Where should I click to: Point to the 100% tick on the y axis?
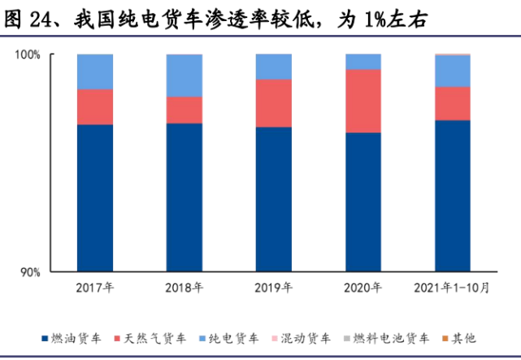pyautogui.click(x=30, y=54)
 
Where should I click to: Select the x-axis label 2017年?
pyautogui.click(x=95, y=288)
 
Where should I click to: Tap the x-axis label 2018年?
pyautogui.click(x=185, y=288)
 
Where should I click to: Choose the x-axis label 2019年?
pyautogui.click(x=274, y=288)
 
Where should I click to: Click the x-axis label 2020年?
pyautogui.click(x=363, y=288)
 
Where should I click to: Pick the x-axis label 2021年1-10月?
pyautogui.click(x=452, y=288)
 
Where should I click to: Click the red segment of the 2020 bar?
pyautogui.click(x=363, y=101)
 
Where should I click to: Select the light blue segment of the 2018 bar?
pyautogui.click(x=185, y=76)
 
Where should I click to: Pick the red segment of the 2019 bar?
pyautogui.click(x=274, y=103)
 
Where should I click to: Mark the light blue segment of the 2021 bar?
pyautogui.click(x=452, y=71)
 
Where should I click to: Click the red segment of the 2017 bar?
pyautogui.click(x=95, y=106)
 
